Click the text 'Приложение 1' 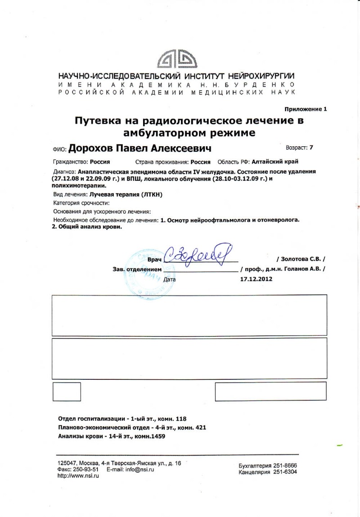(x=306, y=109)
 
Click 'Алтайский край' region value (x=274, y=162)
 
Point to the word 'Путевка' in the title (x=98, y=121)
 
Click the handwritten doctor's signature (x=198, y=256)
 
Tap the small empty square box (x=67, y=391)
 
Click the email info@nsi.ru (x=140, y=469)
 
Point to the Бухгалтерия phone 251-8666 (x=284, y=466)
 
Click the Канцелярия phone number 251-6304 (x=284, y=472)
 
